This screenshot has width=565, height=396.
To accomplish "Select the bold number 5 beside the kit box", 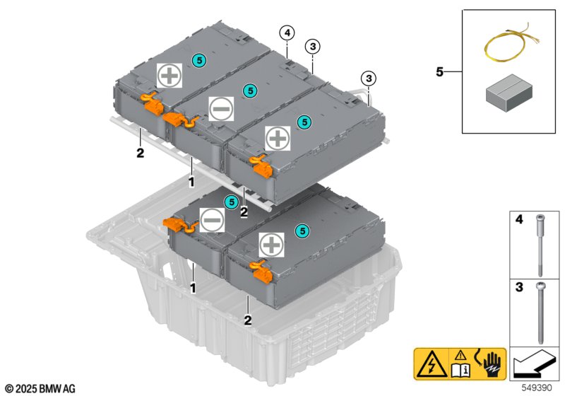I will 441,71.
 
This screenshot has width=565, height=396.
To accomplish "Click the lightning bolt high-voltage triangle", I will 428,367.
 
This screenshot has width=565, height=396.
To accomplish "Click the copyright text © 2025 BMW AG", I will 40,388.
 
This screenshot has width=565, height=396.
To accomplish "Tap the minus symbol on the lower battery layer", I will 211,220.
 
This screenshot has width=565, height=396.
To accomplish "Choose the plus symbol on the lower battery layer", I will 270,245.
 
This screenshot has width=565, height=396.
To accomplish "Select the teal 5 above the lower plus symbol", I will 302,231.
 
